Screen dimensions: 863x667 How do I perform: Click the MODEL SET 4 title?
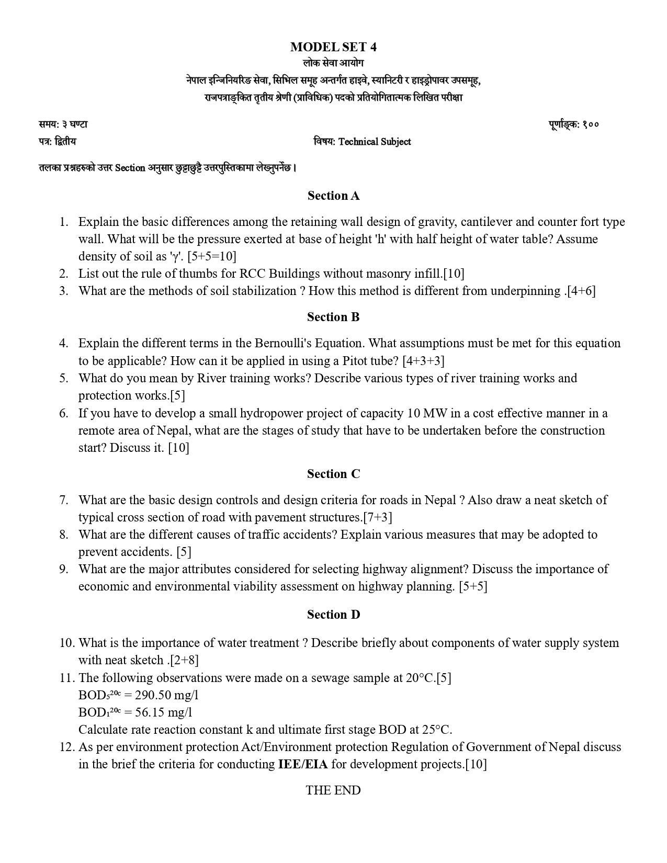coord(333,47)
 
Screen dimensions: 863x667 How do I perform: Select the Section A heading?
coord(333,196)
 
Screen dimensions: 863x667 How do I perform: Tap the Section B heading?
coord(333,317)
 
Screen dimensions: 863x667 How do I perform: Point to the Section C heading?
coord(333,474)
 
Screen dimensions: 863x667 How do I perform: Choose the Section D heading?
coord(333,615)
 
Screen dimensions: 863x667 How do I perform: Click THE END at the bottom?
coord(333,790)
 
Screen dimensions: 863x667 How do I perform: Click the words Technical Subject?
coord(375,142)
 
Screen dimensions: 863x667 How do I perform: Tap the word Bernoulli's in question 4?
coord(281,343)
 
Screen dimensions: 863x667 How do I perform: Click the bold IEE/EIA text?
coord(303,764)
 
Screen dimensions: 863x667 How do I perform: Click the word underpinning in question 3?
coord(525,291)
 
